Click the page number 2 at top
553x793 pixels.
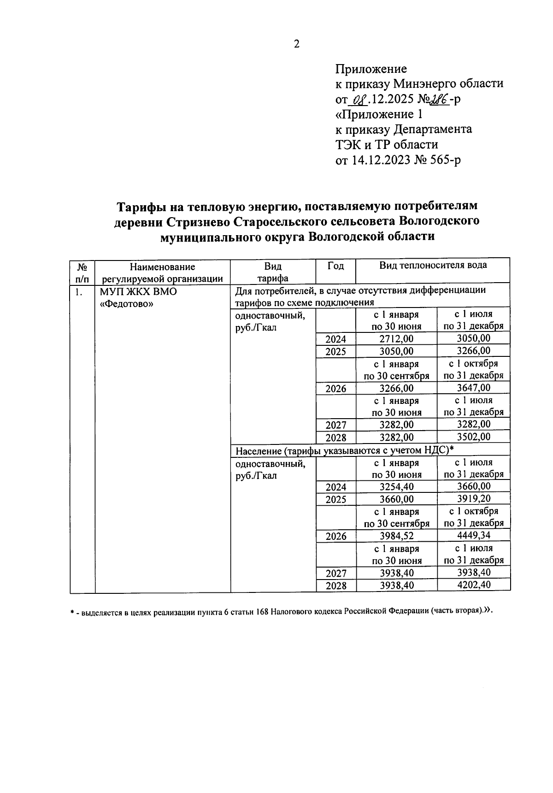(x=296, y=44)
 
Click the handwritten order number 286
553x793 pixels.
(x=441, y=99)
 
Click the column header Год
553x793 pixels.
(x=335, y=266)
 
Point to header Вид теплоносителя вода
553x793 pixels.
(x=433, y=265)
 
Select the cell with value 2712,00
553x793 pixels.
(x=396, y=339)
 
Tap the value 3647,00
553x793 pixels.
(x=473, y=388)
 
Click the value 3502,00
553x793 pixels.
(x=473, y=437)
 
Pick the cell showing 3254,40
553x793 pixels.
(x=396, y=487)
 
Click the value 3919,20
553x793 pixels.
(x=473, y=499)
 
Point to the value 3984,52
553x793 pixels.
(x=396, y=536)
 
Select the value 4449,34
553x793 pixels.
(x=473, y=535)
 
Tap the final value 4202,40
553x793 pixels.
(x=473, y=585)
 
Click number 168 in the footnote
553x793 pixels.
(x=262, y=612)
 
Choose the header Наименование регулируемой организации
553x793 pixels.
(x=162, y=272)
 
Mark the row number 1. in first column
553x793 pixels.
(x=80, y=292)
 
